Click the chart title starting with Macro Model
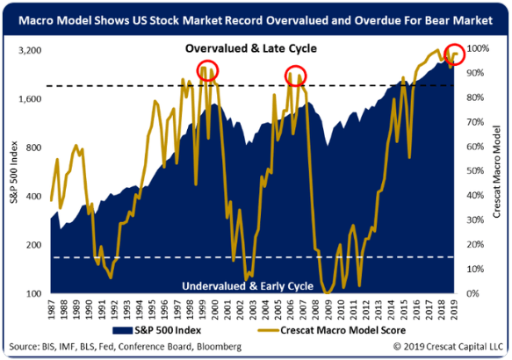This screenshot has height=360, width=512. [x=256, y=14]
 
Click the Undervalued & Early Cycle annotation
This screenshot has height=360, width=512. [x=254, y=286]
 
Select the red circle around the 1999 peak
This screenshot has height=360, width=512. [x=207, y=72]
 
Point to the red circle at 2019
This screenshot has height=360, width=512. [x=456, y=54]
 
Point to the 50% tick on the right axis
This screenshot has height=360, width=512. [x=480, y=171]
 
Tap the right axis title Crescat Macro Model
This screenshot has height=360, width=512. [x=500, y=171]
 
